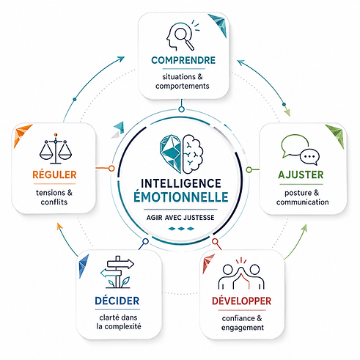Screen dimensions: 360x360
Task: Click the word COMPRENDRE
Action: (183, 60)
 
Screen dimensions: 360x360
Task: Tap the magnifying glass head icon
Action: (183, 35)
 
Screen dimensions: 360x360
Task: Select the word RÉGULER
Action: (54, 175)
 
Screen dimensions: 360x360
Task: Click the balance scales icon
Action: (56, 149)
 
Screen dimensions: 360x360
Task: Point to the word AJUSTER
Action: (301, 175)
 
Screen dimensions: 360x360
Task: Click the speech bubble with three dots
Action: (309, 157)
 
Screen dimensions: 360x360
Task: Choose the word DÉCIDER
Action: (117, 301)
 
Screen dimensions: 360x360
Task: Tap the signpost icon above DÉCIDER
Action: (117, 272)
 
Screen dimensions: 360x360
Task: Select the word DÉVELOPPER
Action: (241, 301)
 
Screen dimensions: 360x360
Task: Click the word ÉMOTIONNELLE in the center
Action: (181, 197)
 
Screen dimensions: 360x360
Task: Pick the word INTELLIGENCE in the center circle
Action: (181, 183)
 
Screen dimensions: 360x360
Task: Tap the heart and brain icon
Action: (182, 154)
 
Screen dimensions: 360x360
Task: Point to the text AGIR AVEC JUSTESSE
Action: (180, 218)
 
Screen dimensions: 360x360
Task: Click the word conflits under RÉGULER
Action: (54, 202)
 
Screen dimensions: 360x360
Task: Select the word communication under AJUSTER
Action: (303, 202)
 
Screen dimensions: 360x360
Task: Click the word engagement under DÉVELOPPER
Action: (243, 328)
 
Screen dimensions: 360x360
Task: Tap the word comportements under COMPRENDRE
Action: (183, 86)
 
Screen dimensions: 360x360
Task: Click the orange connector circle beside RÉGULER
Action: (111, 168)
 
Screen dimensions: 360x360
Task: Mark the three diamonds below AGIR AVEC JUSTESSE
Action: (181, 229)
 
